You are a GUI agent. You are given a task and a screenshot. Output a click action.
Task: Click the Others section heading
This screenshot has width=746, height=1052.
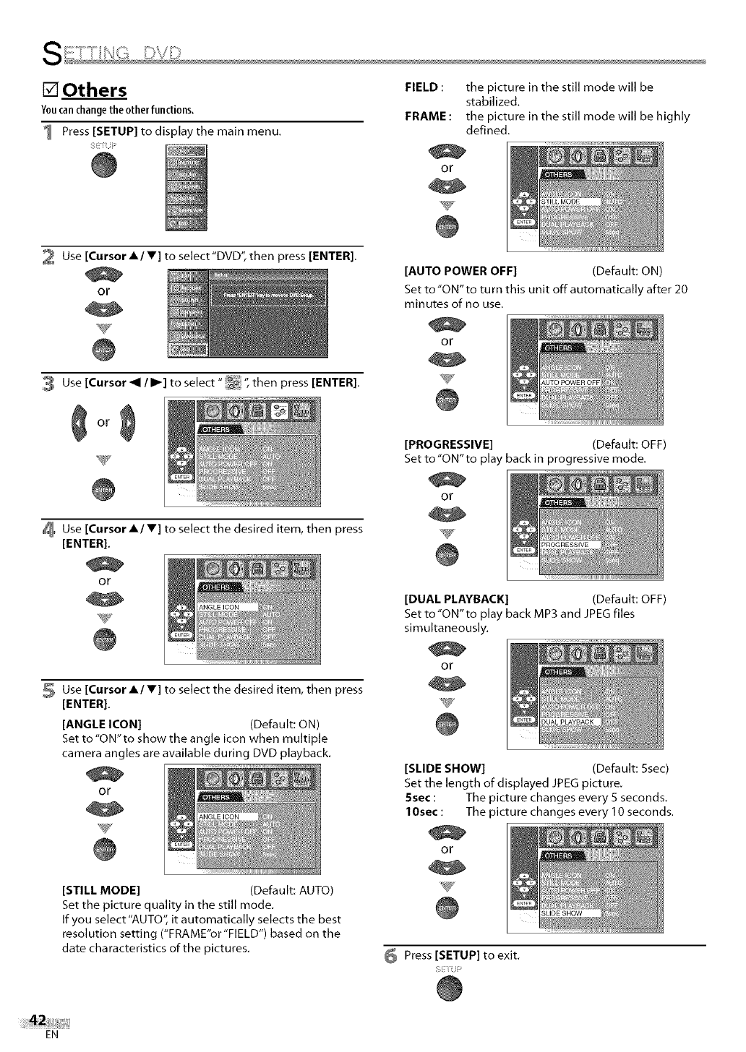[x=94, y=91]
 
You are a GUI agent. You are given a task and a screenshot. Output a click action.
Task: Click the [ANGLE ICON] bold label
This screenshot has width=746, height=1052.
[x=102, y=724]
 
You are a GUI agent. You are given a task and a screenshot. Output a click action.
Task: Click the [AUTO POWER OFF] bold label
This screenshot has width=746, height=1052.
[x=460, y=272]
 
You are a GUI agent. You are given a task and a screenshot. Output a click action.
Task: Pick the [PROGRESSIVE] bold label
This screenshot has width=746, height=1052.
[x=448, y=444]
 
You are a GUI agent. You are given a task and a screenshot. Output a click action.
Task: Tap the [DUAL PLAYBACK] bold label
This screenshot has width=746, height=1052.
[x=457, y=599]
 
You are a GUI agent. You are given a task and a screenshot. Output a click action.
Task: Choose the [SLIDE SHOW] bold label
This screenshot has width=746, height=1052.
[x=445, y=767]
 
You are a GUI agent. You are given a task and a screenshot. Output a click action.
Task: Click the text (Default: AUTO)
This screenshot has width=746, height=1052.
[x=291, y=890]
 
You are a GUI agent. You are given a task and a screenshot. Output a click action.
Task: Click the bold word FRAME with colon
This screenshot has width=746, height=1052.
[x=429, y=116]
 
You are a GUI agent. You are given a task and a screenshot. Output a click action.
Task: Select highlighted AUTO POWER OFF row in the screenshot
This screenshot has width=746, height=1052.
[x=571, y=382]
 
